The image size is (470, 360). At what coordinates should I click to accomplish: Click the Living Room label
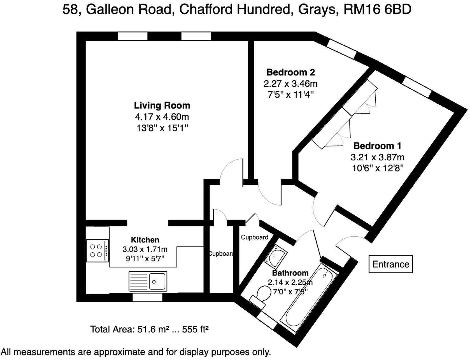[162, 105]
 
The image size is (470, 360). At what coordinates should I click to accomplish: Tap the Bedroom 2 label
[290, 72]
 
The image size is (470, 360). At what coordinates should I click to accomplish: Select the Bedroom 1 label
[377, 146]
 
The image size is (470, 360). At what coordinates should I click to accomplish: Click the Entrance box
[391, 264]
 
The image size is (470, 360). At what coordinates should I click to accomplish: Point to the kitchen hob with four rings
[97, 251]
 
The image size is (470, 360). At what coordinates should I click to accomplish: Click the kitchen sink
[148, 281]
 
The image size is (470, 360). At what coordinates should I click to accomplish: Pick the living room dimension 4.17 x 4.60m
[162, 117]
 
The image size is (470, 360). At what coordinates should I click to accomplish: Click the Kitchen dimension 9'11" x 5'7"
[145, 259]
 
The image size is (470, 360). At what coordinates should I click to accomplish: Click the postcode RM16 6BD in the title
[377, 10]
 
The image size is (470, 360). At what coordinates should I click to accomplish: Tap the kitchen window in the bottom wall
[147, 298]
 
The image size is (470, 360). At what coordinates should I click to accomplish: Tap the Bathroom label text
[290, 273]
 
